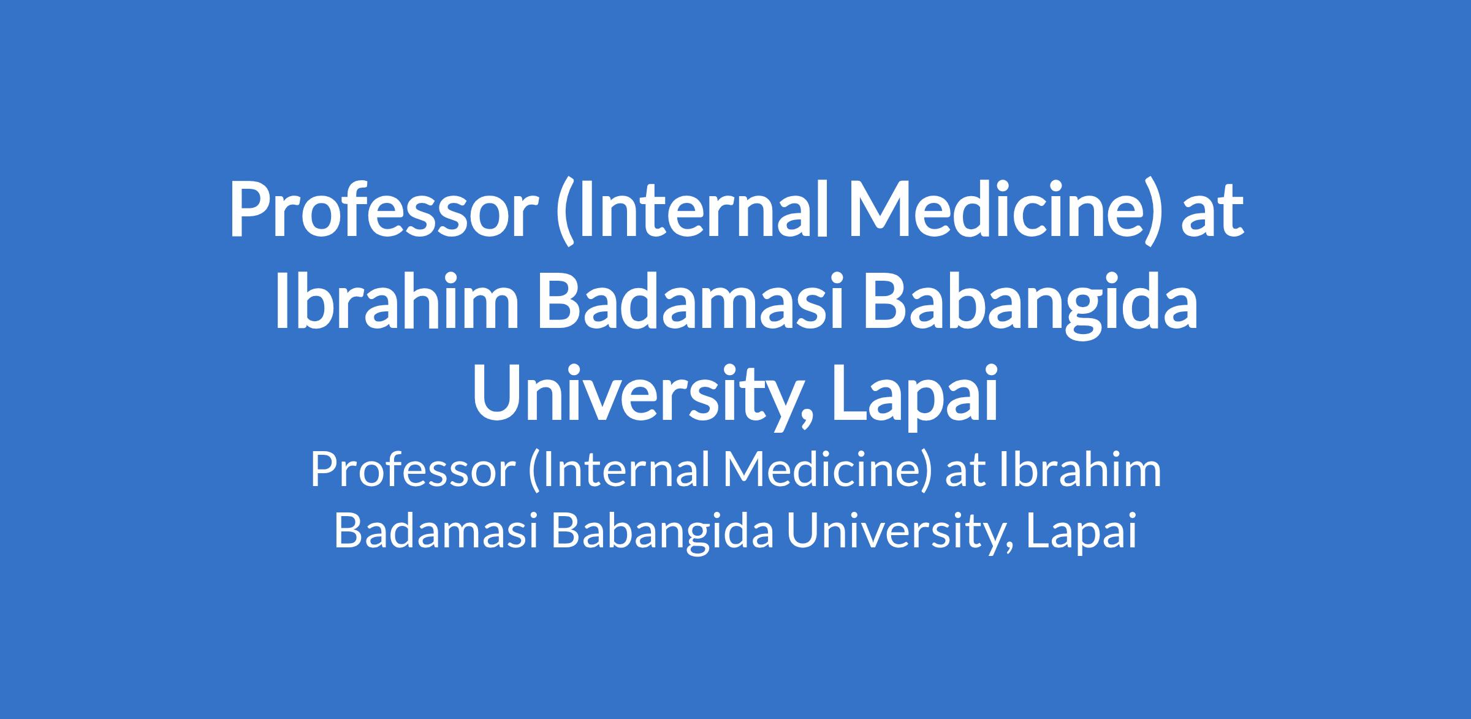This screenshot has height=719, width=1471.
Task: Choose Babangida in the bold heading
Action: (1030, 310)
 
